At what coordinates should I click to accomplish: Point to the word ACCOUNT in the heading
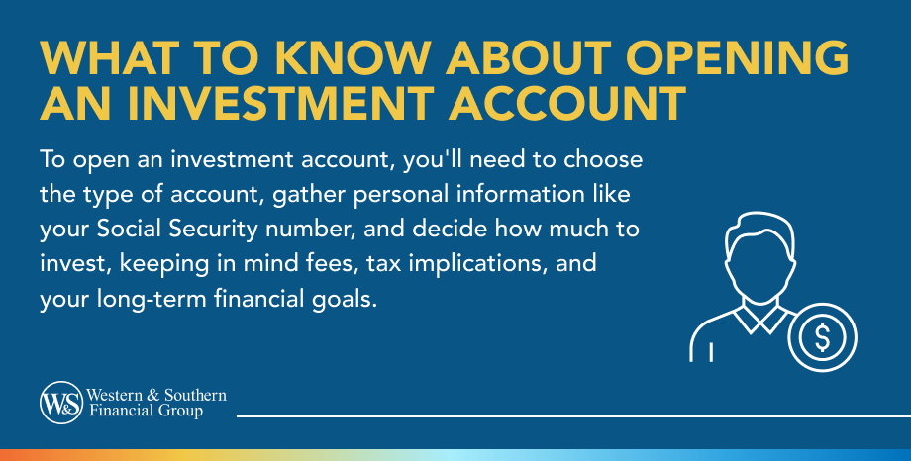567,103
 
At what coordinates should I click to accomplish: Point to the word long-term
152,300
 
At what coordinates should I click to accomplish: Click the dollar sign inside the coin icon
822,337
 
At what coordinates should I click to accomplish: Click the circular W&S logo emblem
61,403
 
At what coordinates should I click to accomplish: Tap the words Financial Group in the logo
146,412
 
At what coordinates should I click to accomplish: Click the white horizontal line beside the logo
573,415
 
